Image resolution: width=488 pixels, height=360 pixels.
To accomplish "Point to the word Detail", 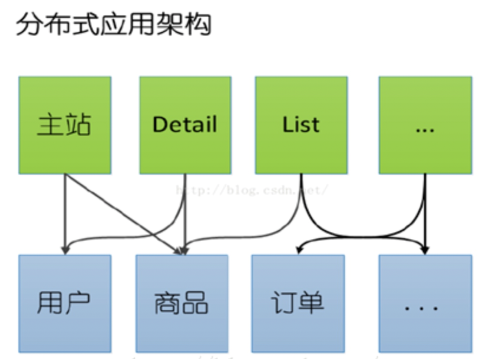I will coord(185,124).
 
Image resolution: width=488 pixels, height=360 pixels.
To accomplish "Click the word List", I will coord(301,124).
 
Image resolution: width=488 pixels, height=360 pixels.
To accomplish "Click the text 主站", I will coord(65,124).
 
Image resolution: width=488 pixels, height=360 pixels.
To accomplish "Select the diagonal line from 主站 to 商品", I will coord(122,212).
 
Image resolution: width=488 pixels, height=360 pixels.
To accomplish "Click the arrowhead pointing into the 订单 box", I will coord(298,248).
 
